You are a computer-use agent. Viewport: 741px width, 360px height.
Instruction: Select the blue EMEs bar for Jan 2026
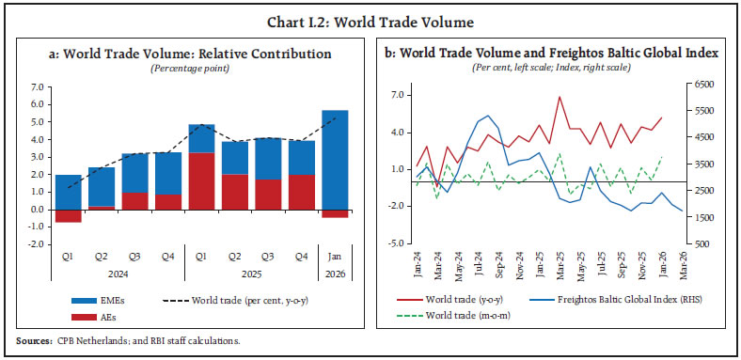[334, 160]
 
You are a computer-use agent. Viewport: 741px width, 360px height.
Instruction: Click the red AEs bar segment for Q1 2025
[202, 180]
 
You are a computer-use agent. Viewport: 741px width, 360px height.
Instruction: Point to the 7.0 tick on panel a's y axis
[38, 86]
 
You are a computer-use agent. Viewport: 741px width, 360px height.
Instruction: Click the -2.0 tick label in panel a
[37, 244]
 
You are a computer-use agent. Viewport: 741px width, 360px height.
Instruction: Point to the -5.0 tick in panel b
[398, 244]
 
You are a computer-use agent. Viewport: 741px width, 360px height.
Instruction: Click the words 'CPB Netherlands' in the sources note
[87, 339]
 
